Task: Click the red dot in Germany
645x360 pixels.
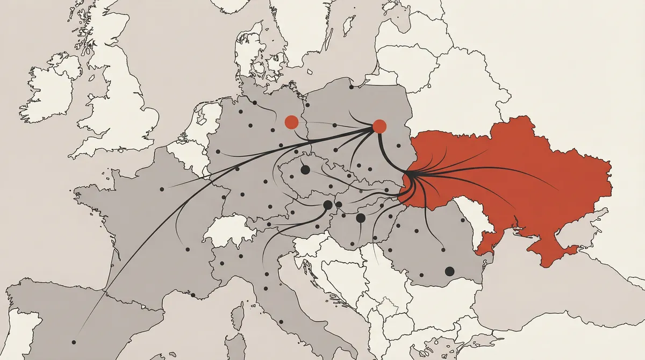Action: (291, 121)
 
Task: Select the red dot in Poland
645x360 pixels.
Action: (379, 126)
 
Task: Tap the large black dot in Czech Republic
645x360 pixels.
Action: (305, 170)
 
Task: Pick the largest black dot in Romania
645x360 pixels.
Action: (449, 271)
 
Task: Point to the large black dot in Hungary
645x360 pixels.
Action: (361, 218)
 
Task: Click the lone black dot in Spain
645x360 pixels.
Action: (74, 342)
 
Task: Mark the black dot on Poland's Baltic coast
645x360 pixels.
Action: (351, 87)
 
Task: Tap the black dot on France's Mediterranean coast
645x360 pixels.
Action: (193, 295)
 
